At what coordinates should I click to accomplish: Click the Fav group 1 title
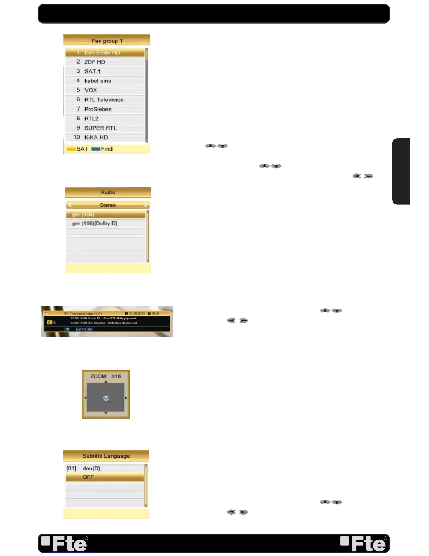point(107,41)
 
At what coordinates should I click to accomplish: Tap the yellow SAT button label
point(78,149)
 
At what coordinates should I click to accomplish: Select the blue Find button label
point(103,149)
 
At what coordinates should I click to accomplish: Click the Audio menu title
point(108,192)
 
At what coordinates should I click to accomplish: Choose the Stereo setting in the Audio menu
point(108,205)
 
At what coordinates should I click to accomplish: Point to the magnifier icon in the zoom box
point(106,398)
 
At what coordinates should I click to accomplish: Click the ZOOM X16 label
point(105,376)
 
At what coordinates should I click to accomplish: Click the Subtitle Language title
point(106,456)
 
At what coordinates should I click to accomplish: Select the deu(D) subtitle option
point(91,469)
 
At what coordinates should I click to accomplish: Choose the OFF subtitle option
point(88,477)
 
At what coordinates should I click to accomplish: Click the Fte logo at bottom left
point(64,543)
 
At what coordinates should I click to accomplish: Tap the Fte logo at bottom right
point(363,543)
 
